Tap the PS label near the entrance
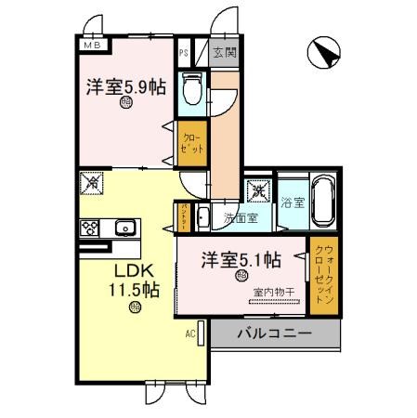[x=185, y=54]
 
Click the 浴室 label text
[x=293, y=201]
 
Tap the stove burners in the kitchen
[x=91, y=227]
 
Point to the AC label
[x=189, y=332]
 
